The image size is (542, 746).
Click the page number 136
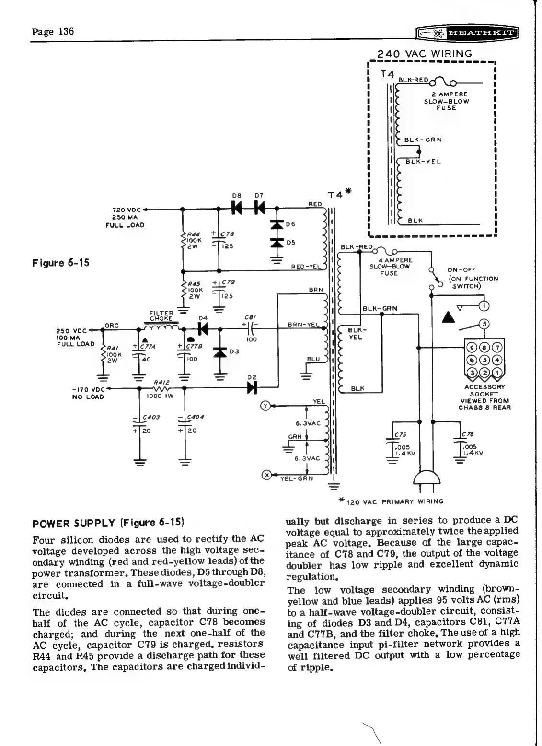[x=53, y=32]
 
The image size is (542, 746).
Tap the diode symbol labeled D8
[x=236, y=207]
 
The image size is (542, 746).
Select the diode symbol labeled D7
[x=259, y=207]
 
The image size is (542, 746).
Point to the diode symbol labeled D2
[x=250, y=388]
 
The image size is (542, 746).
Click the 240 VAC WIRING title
[x=425, y=54]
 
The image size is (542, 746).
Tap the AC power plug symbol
[x=427, y=479]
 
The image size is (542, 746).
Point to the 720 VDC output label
[x=126, y=217]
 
